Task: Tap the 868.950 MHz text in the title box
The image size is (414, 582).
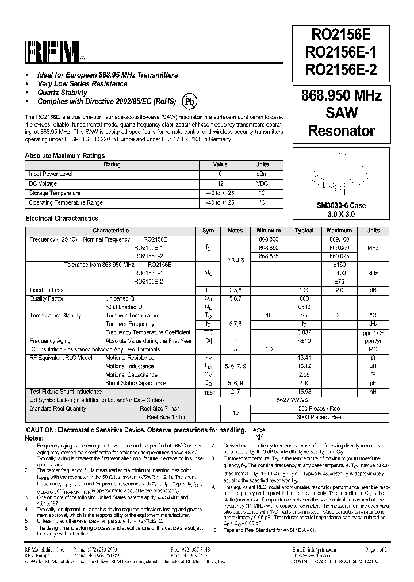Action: [x=342, y=95]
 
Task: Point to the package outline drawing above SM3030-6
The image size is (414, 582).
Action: [x=340, y=175]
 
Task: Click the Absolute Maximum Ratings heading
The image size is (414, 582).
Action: [x=65, y=155]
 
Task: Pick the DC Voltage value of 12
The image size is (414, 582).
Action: [x=220, y=183]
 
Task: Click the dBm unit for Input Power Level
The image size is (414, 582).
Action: [x=262, y=174]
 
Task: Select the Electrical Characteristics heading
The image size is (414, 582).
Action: [x=62, y=219]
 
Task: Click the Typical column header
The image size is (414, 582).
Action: [x=304, y=231]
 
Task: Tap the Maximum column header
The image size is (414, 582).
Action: [x=339, y=231]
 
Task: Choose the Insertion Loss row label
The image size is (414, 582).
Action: [x=47, y=290]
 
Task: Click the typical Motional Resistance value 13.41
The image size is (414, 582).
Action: [x=304, y=358]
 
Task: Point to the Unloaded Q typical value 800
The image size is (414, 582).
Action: [x=304, y=298]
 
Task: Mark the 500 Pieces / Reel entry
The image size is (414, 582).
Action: [x=320, y=408]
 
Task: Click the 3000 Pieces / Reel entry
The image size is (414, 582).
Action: [x=320, y=417]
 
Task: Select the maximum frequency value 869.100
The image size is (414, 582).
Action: [x=339, y=239]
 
